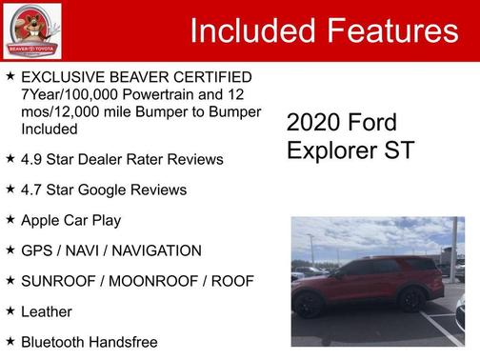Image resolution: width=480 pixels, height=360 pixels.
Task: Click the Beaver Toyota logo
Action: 31,30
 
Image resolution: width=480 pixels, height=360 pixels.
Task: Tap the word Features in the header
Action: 390,31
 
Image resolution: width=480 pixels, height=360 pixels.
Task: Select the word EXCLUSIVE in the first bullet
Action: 64,76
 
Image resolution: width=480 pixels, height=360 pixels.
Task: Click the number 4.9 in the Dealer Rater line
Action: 32,159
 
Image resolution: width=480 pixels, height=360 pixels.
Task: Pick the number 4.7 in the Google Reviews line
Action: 32,190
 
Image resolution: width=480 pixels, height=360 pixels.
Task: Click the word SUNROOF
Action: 61,281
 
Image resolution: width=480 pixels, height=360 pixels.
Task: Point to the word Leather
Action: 47,311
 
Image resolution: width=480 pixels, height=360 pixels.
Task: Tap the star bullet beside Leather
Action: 10,310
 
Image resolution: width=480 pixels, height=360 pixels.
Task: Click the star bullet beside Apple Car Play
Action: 10,219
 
